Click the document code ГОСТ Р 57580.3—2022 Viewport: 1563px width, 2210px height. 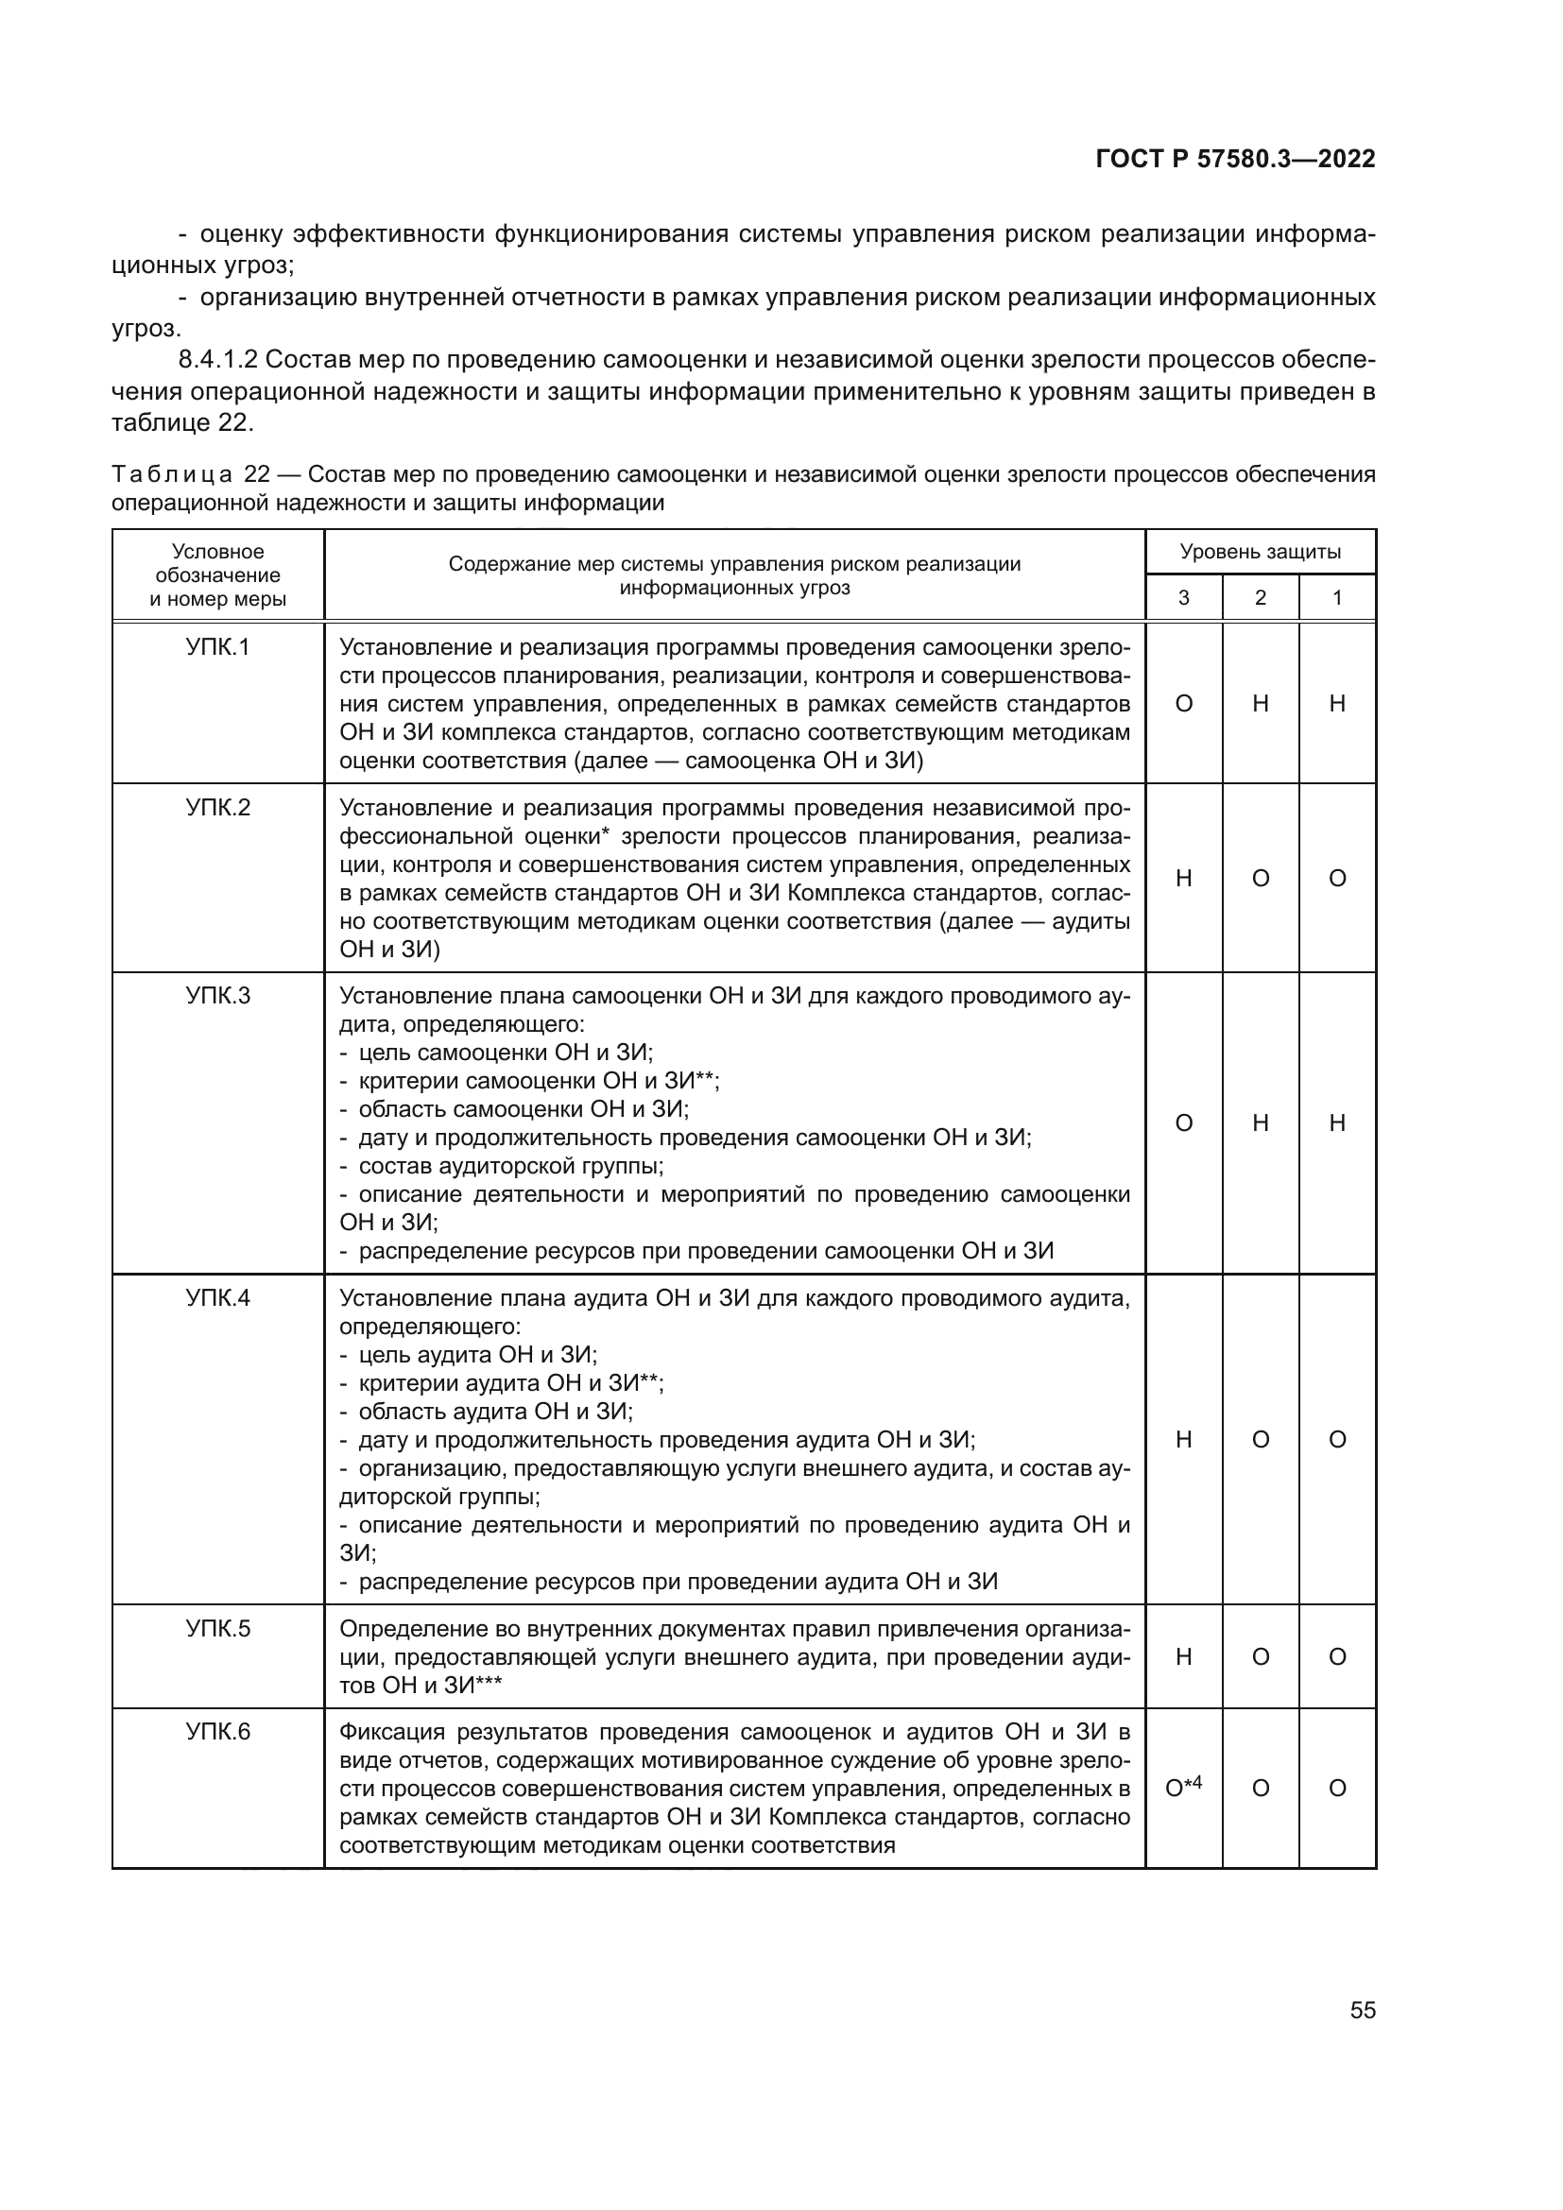[1235, 159]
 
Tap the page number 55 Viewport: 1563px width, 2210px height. [1362, 2010]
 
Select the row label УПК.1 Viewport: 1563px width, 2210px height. [217, 648]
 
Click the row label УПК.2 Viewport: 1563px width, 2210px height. [217, 808]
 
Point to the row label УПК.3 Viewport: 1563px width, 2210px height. [217, 995]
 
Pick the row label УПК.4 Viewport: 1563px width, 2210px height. [217, 1297]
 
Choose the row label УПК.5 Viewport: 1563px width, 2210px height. [217, 1629]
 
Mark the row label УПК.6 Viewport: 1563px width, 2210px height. [217, 1732]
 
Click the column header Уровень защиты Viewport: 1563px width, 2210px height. [1260, 552]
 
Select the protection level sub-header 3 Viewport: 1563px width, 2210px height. [1184, 598]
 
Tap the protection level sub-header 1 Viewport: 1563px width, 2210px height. [1337, 598]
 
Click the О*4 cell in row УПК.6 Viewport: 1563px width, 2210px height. [1184, 1788]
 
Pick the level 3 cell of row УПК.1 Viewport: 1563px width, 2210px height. [1184, 704]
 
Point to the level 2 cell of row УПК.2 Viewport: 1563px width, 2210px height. [1260, 878]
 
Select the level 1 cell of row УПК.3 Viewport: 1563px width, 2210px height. [1337, 1122]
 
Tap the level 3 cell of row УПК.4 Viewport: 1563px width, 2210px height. [1184, 1439]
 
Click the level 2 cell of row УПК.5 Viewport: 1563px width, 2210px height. [1260, 1656]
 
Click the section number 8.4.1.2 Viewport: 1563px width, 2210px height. [217, 360]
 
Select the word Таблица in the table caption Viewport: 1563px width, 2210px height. [171, 474]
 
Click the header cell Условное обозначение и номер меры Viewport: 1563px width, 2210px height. [217, 575]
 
